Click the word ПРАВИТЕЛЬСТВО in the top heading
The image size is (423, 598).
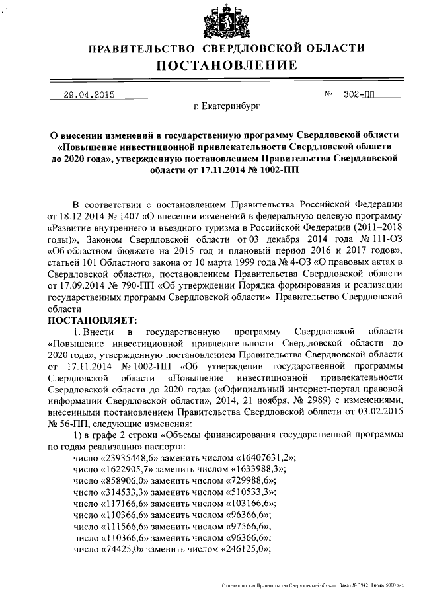tap(141, 49)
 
